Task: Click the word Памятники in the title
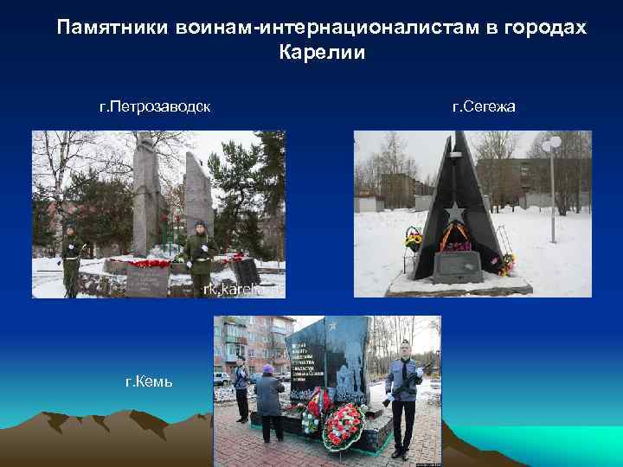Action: coord(107,29)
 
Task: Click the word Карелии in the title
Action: coord(322,53)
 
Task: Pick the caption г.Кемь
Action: coord(149,381)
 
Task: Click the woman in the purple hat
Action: coord(268,401)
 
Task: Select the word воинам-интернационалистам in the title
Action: coord(321,29)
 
